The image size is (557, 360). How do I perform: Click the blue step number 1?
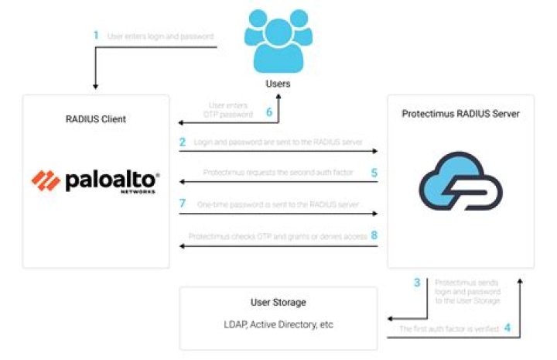[x=96, y=35]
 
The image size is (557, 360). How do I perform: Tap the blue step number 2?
[x=183, y=142]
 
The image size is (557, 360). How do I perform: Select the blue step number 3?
[x=417, y=283]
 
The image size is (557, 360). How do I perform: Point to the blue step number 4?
[x=507, y=328]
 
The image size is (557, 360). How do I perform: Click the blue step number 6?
[x=269, y=111]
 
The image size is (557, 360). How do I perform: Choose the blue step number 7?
[x=183, y=202]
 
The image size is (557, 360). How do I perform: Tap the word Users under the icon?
[x=278, y=83]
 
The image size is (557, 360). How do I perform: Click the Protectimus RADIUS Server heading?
[x=460, y=114]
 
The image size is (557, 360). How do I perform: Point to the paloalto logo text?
[x=112, y=181]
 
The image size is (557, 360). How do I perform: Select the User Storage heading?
[x=278, y=302]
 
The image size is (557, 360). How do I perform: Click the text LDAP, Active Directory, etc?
[x=278, y=324]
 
